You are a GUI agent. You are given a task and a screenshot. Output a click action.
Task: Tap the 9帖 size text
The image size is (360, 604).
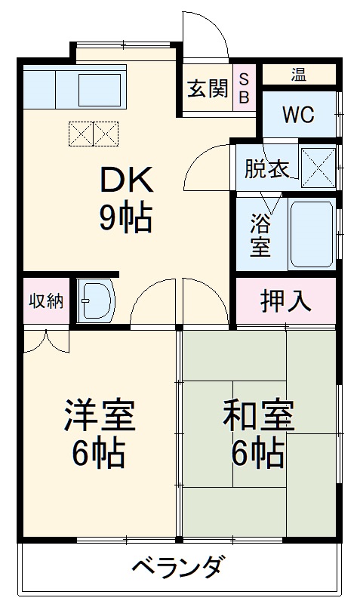point(125,218)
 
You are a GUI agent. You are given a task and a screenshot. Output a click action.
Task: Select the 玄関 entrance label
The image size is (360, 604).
point(208,89)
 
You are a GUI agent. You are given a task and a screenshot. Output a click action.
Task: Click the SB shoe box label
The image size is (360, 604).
point(245,88)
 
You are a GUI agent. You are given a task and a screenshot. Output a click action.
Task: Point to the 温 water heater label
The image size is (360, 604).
point(299,74)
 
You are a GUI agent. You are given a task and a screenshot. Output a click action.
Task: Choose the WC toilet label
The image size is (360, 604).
point(298,115)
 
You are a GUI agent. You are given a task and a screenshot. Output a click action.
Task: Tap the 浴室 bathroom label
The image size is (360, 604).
point(260,235)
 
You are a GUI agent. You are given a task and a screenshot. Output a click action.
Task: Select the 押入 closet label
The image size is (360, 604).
point(286,300)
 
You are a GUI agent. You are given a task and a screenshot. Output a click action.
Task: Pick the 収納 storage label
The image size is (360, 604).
point(45,300)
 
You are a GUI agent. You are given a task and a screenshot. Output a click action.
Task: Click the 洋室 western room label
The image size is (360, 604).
point(99,416)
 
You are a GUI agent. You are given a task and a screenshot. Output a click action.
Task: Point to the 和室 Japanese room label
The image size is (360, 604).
point(257,416)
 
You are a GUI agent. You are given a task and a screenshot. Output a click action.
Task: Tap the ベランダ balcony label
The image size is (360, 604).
point(177,566)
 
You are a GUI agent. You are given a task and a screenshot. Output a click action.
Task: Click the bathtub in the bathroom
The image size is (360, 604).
point(311,234)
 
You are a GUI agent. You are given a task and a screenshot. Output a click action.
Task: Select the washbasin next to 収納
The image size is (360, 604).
point(95,301)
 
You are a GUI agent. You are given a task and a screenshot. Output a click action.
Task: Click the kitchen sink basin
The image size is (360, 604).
point(100,88)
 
